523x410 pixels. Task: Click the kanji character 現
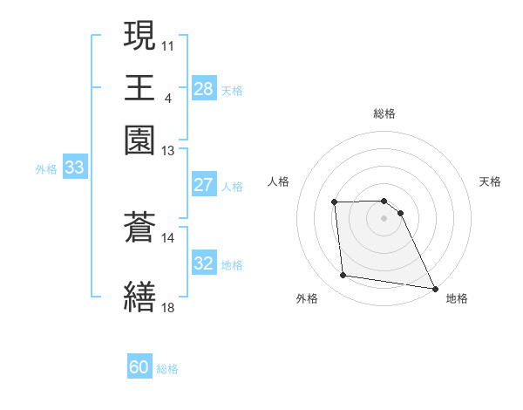click(x=139, y=37)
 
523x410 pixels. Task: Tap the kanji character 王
click(x=139, y=87)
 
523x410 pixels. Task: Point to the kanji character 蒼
click(x=139, y=228)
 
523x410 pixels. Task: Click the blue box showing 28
click(x=203, y=89)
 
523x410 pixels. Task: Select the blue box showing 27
click(x=203, y=185)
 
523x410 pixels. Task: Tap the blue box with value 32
click(x=203, y=263)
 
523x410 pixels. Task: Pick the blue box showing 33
click(x=74, y=168)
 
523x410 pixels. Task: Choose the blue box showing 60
click(x=139, y=368)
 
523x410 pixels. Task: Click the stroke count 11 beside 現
click(x=168, y=44)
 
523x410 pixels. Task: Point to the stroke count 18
click(x=168, y=307)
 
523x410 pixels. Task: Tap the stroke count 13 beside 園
click(x=168, y=151)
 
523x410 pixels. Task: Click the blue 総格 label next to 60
click(x=168, y=370)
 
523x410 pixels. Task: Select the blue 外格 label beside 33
click(x=45, y=170)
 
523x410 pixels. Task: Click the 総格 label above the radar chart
click(x=384, y=113)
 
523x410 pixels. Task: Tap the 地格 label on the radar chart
click(x=457, y=298)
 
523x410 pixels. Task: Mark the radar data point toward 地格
click(x=435, y=288)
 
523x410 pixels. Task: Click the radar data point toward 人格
click(x=335, y=202)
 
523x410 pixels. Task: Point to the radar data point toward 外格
click(x=343, y=276)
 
